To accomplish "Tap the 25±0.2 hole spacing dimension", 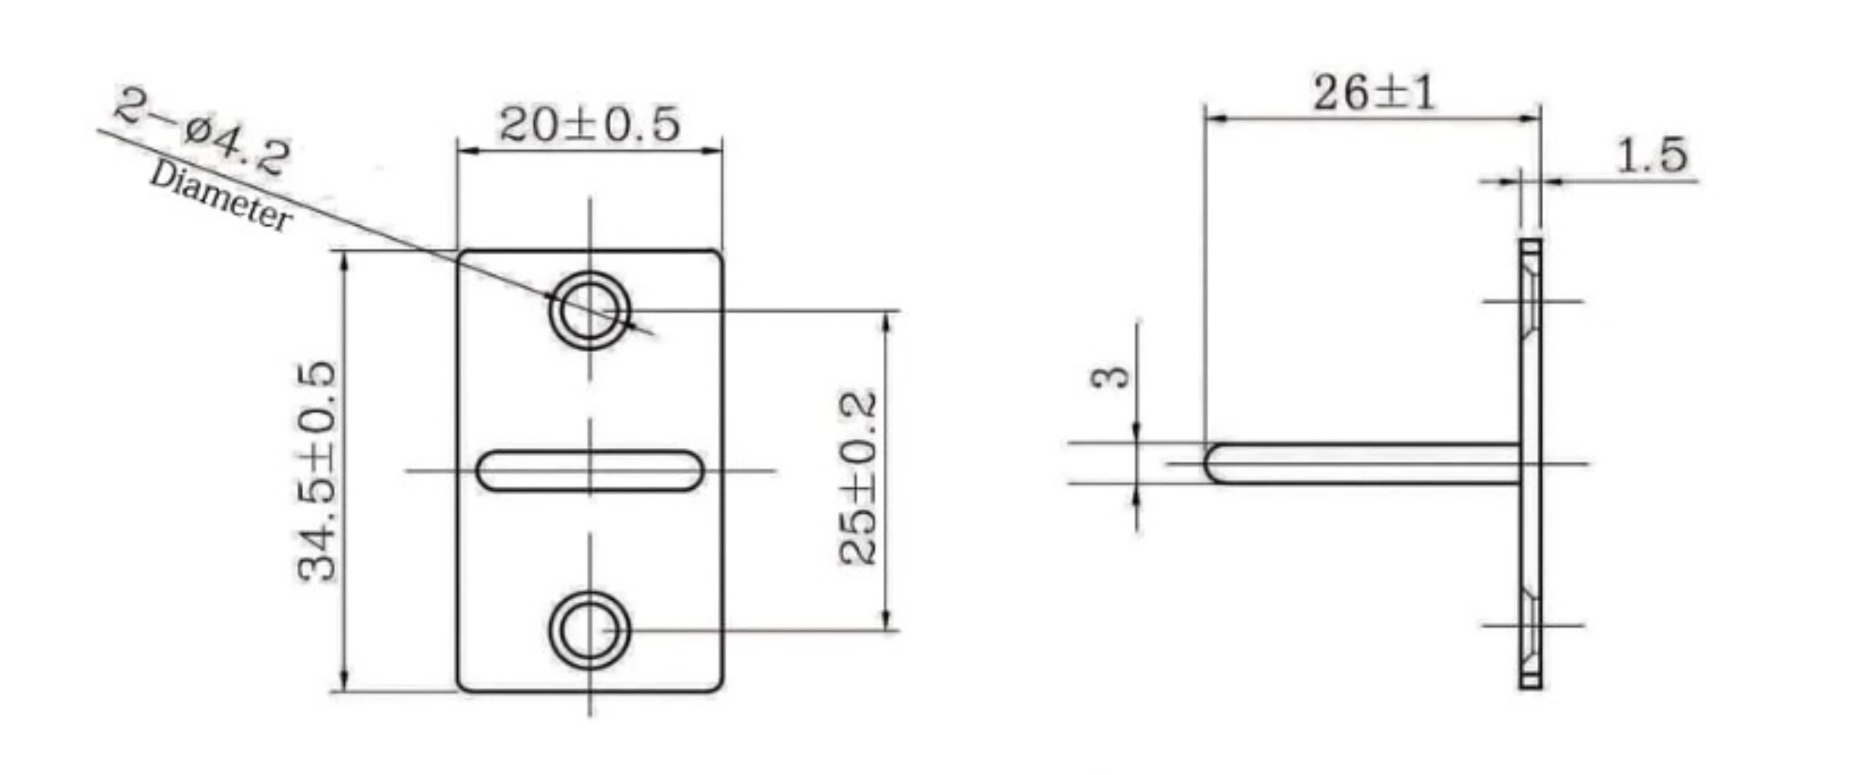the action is coord(858,477).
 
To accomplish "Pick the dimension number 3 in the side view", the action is coord(1110,376).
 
